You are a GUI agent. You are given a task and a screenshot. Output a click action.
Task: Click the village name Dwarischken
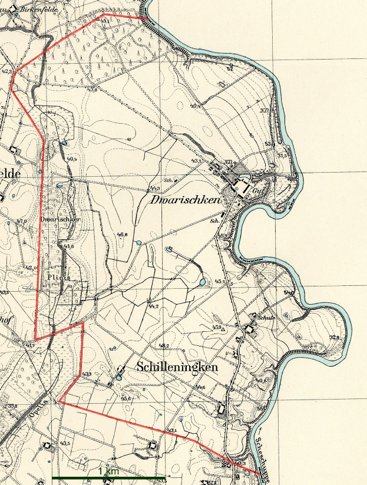click(185, 200)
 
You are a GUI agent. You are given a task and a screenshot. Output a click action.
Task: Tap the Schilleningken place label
click(177, 367)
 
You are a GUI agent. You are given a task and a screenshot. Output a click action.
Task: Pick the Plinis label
click(61, 277)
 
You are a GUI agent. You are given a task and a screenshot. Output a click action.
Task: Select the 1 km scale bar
click(108, 477)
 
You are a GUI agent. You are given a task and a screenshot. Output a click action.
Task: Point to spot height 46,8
click(123, 235)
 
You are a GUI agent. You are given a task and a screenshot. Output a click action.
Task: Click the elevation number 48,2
click(164, 345)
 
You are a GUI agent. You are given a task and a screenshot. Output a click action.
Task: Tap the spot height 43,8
click(91, 89)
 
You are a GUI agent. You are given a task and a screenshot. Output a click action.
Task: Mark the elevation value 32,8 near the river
click(335, 338)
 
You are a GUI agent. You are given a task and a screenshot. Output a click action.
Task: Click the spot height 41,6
click(69, 246)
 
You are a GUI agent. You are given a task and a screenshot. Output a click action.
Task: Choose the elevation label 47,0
click(22, 221)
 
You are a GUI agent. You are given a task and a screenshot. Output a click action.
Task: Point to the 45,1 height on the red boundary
click(104, 22)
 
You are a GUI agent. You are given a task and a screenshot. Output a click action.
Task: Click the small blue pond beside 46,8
click(139, 242)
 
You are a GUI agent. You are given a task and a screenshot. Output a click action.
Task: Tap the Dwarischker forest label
click(60, 219)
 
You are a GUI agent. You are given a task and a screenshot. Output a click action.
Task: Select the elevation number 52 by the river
click(230, 69)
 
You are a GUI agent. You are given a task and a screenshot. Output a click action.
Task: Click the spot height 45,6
click(125, 399)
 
